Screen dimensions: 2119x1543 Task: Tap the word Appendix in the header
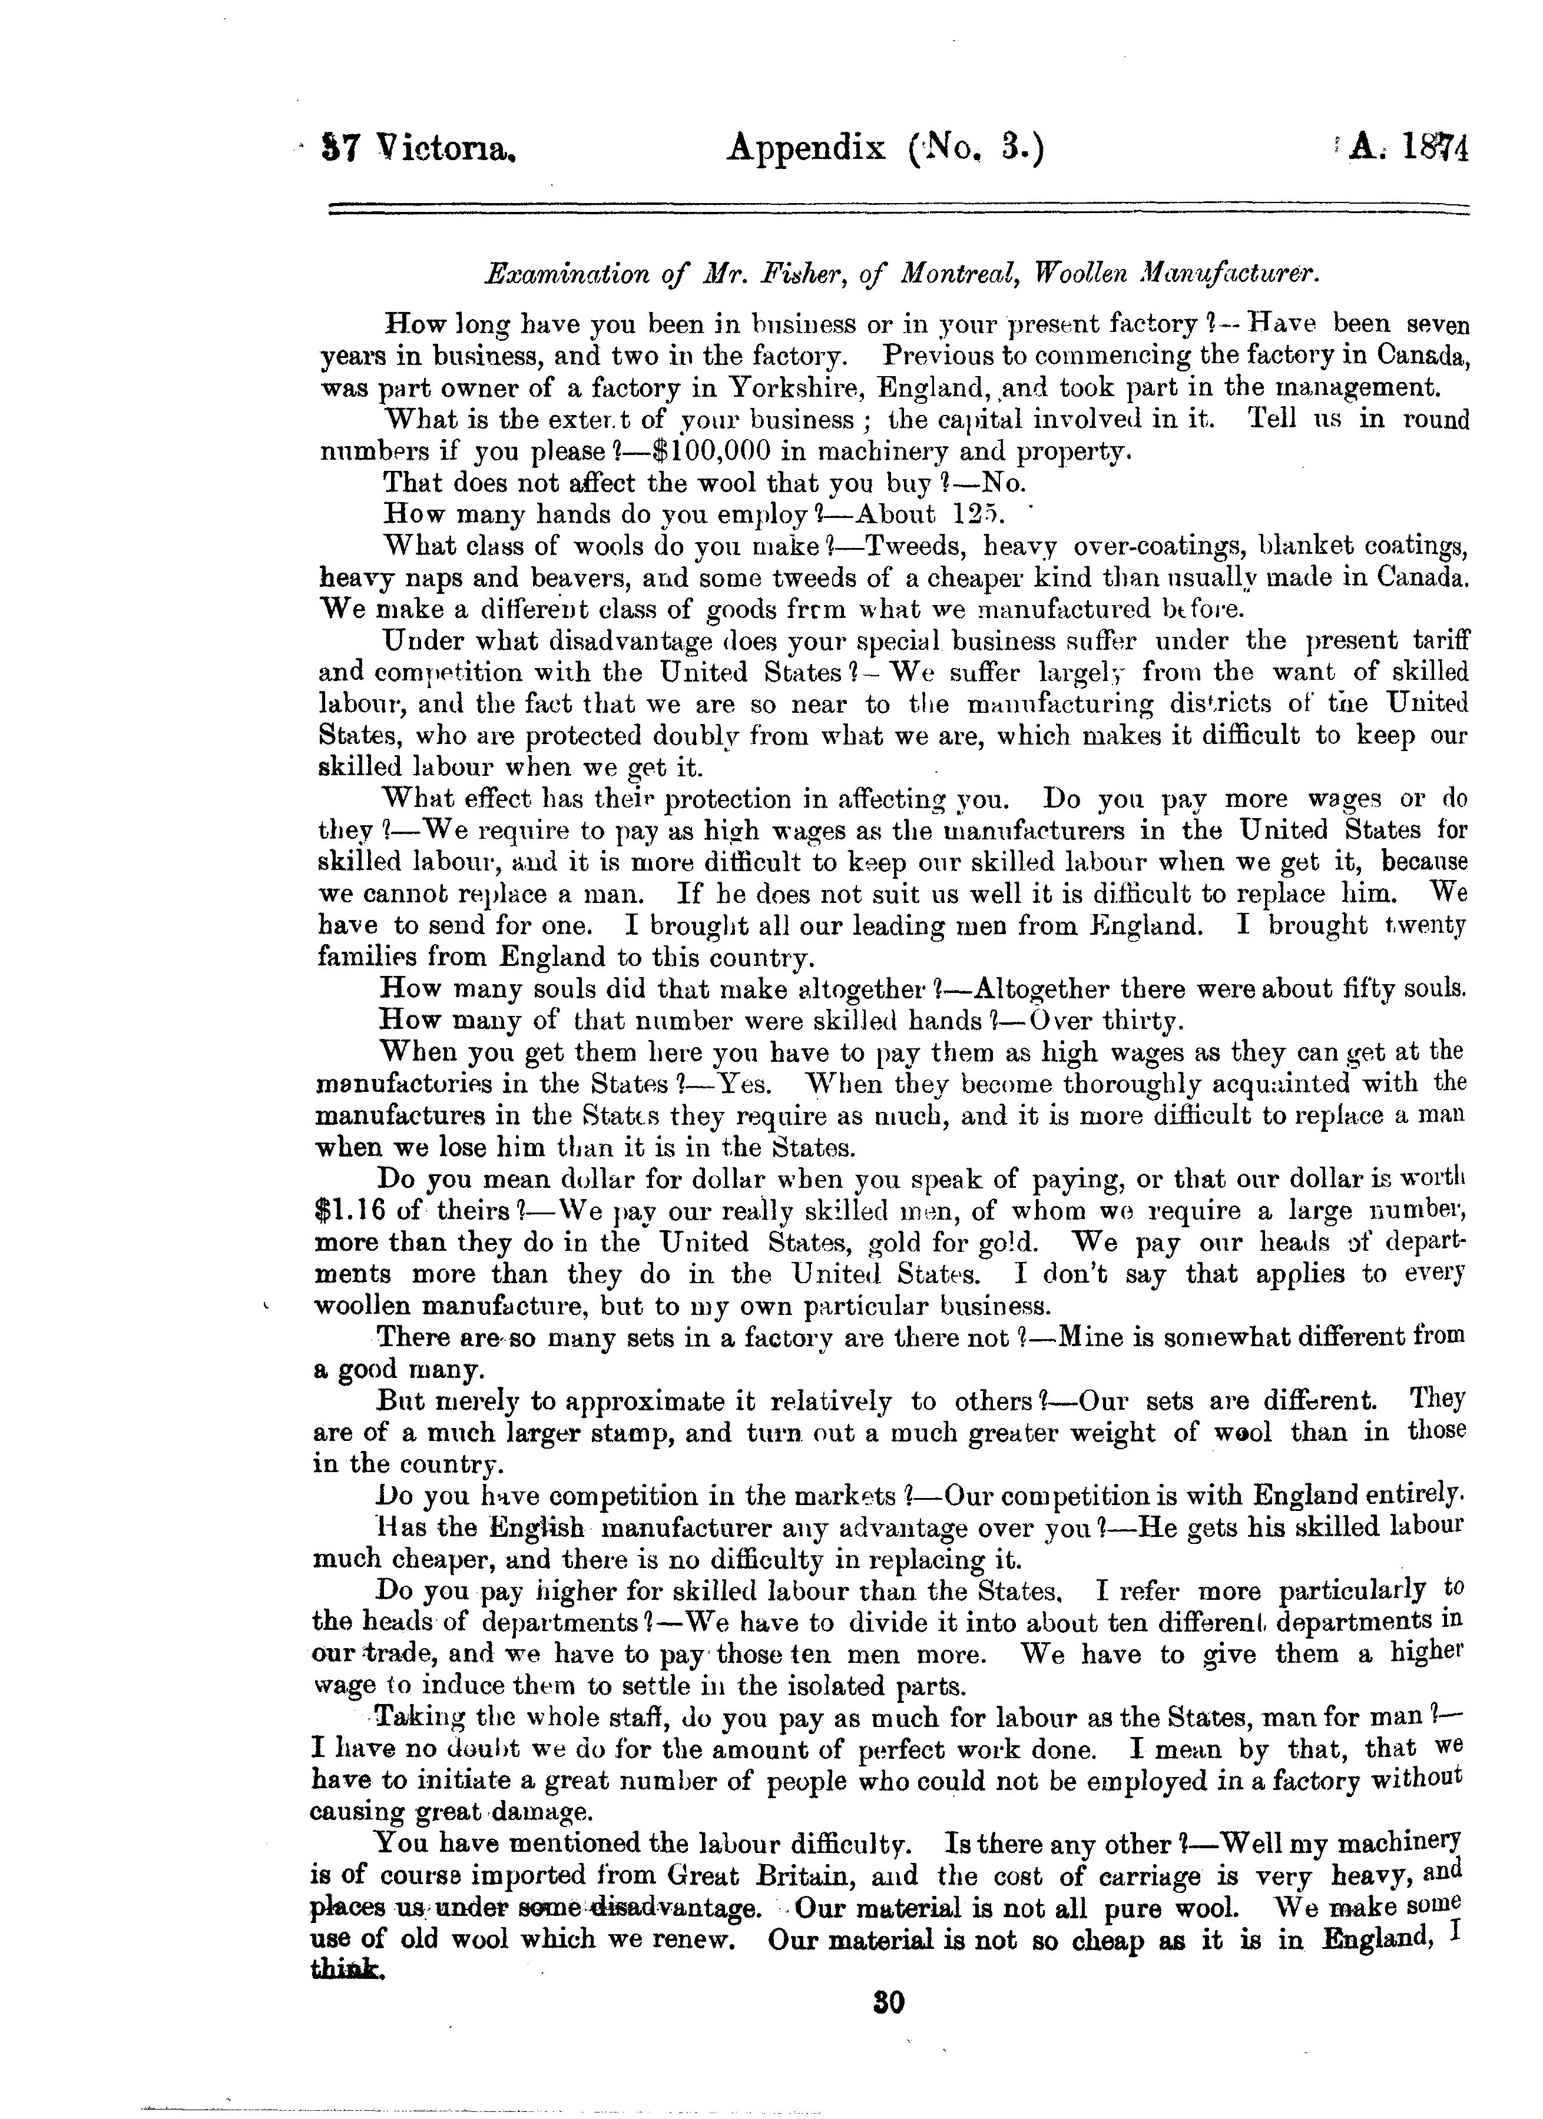click(x=806, y=148)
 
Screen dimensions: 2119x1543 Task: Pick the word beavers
click(x=551, y=579)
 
